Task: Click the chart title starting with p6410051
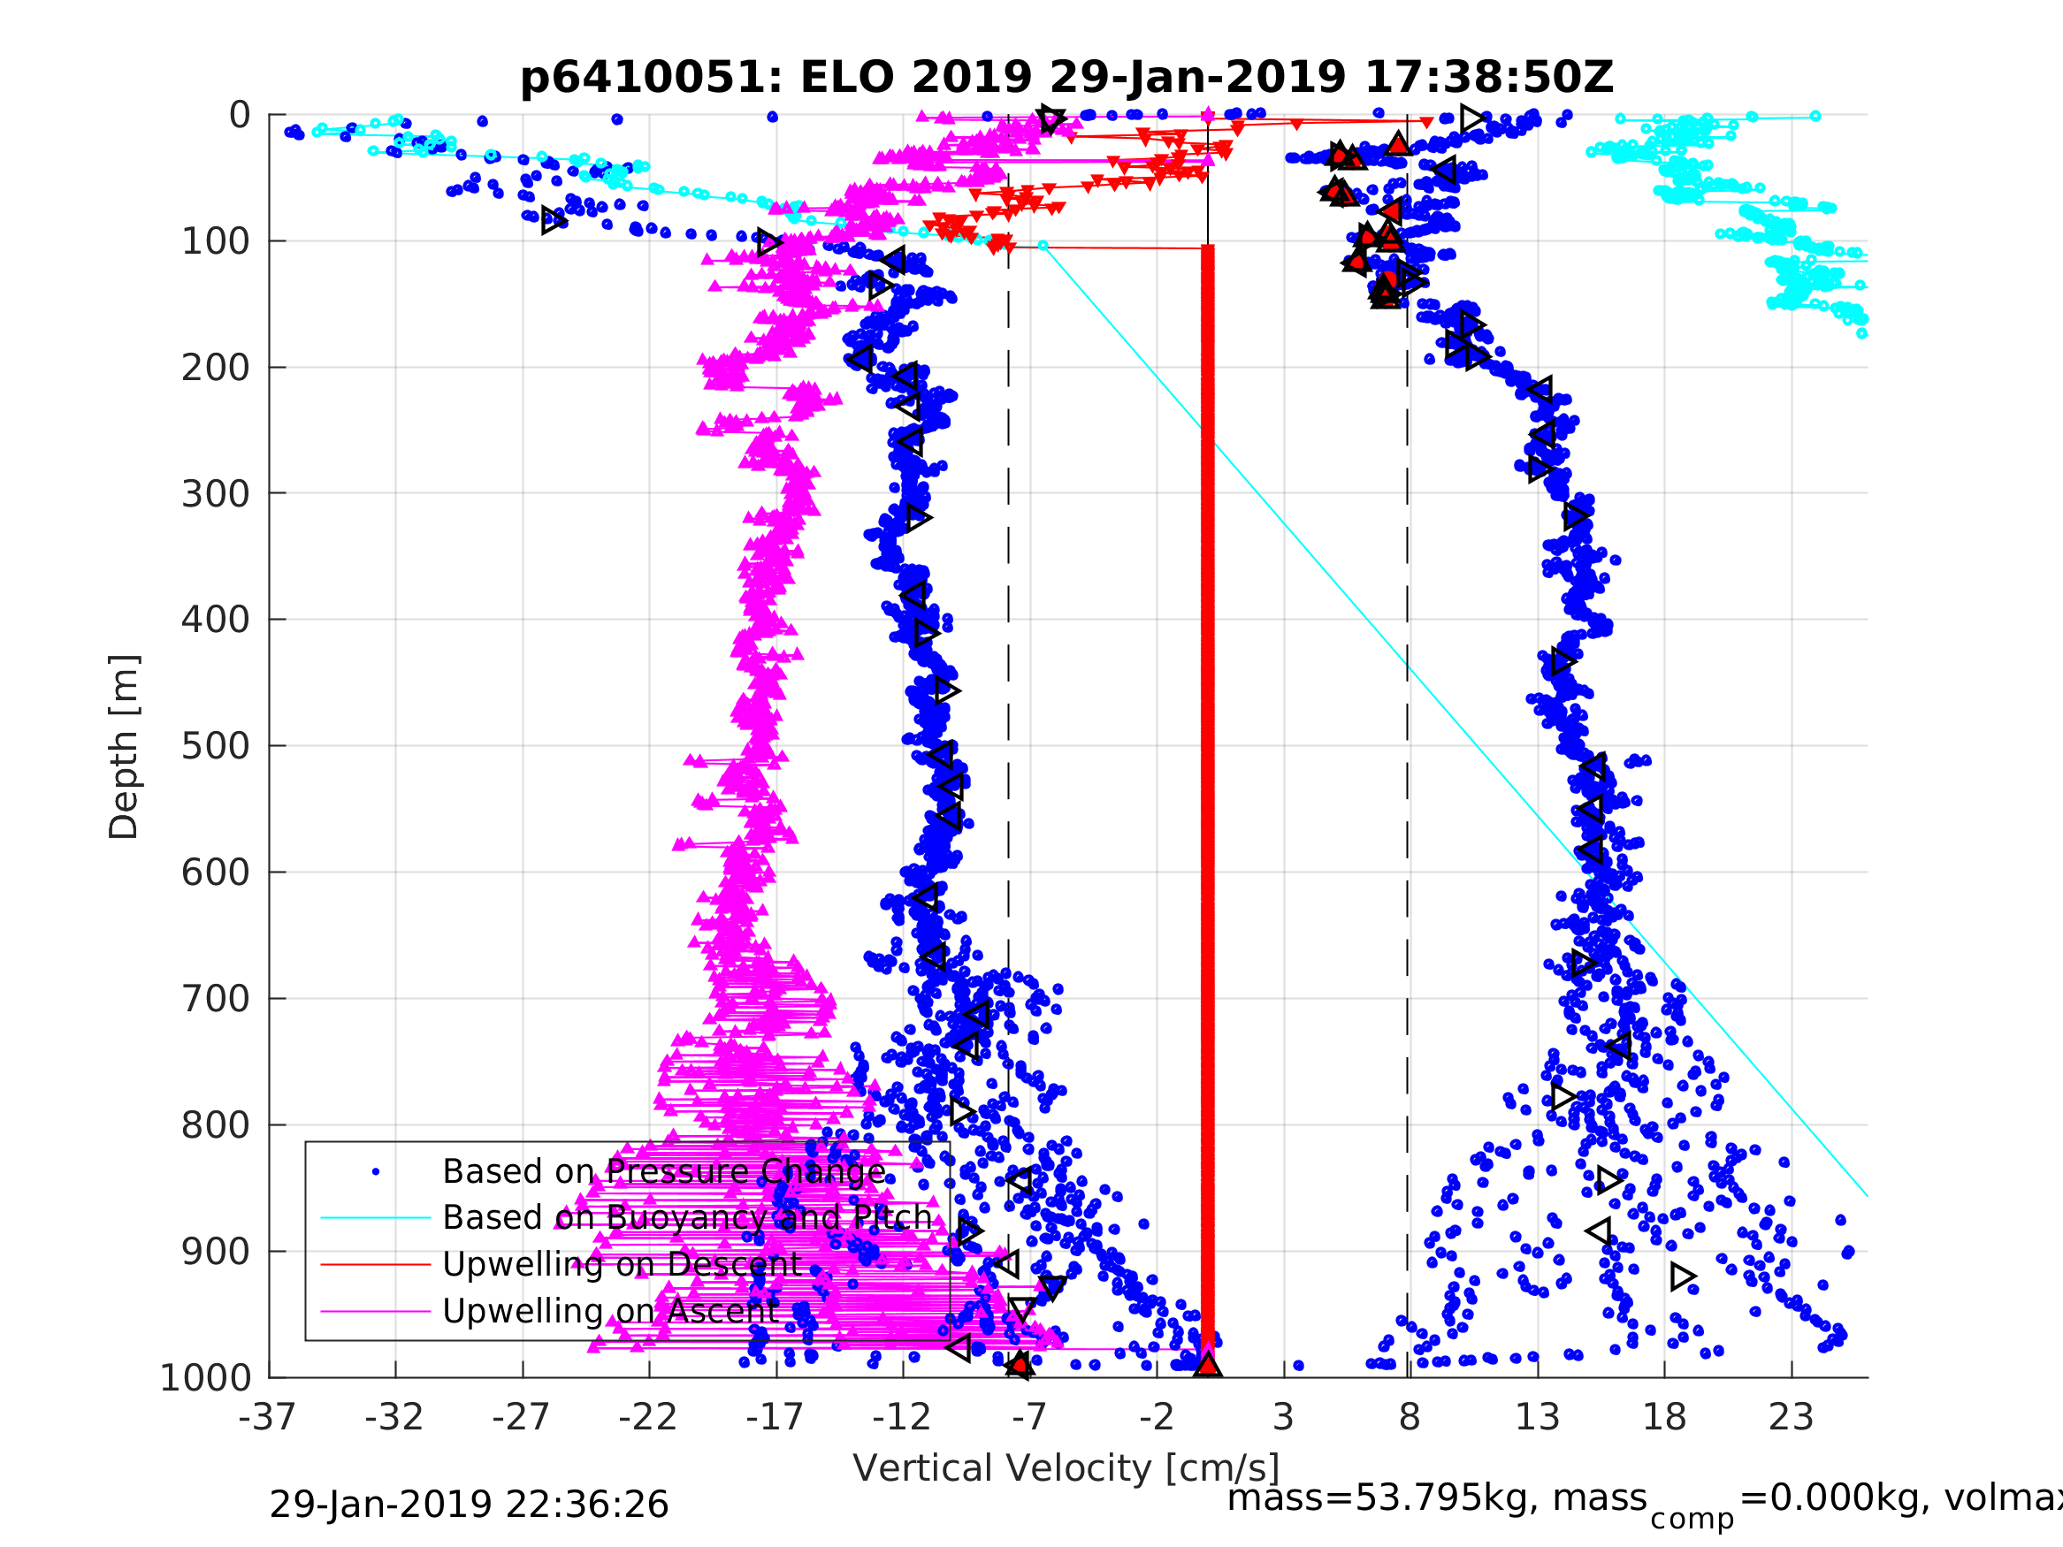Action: (1066, 78)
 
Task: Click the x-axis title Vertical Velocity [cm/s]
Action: (1066, 1467)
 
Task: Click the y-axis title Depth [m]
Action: (124, 746)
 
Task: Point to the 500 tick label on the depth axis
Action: (216, 746)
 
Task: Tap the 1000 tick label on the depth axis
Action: (205, 1377)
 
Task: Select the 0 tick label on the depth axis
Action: (240, 116)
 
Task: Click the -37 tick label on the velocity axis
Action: (268, 1417)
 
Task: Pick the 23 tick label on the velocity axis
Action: (1792, 1417)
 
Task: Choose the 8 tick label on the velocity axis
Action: (1410, 1417)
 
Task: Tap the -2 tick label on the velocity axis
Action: (1157, 1417)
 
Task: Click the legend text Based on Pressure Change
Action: (664, 1172)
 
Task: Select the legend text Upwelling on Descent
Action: (622, 1264)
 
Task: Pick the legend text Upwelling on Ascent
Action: (611, 1311)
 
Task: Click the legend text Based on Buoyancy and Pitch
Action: (687, 1218)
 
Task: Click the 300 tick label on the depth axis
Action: (216, 493)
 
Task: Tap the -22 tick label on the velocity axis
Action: (648, 1417)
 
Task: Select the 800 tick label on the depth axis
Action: (216, 1125)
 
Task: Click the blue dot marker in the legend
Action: (376, 1172)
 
